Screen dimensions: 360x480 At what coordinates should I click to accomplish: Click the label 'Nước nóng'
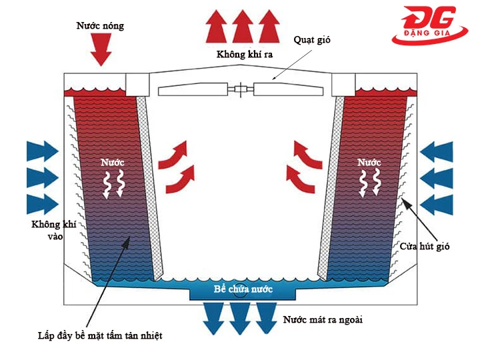click(x=100, y=26)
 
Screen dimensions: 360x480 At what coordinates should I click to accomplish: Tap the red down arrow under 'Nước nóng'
click(x=101, y=51)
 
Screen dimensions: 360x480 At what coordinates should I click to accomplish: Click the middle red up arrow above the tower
click(x=241, y=27)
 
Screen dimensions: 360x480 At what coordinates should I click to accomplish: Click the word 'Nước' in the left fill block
click(x=112, y=162)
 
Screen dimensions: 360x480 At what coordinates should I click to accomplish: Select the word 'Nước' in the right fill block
click(x=369, y=162)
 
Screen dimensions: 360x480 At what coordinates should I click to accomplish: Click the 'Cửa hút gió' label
click(x=425, y=247)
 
